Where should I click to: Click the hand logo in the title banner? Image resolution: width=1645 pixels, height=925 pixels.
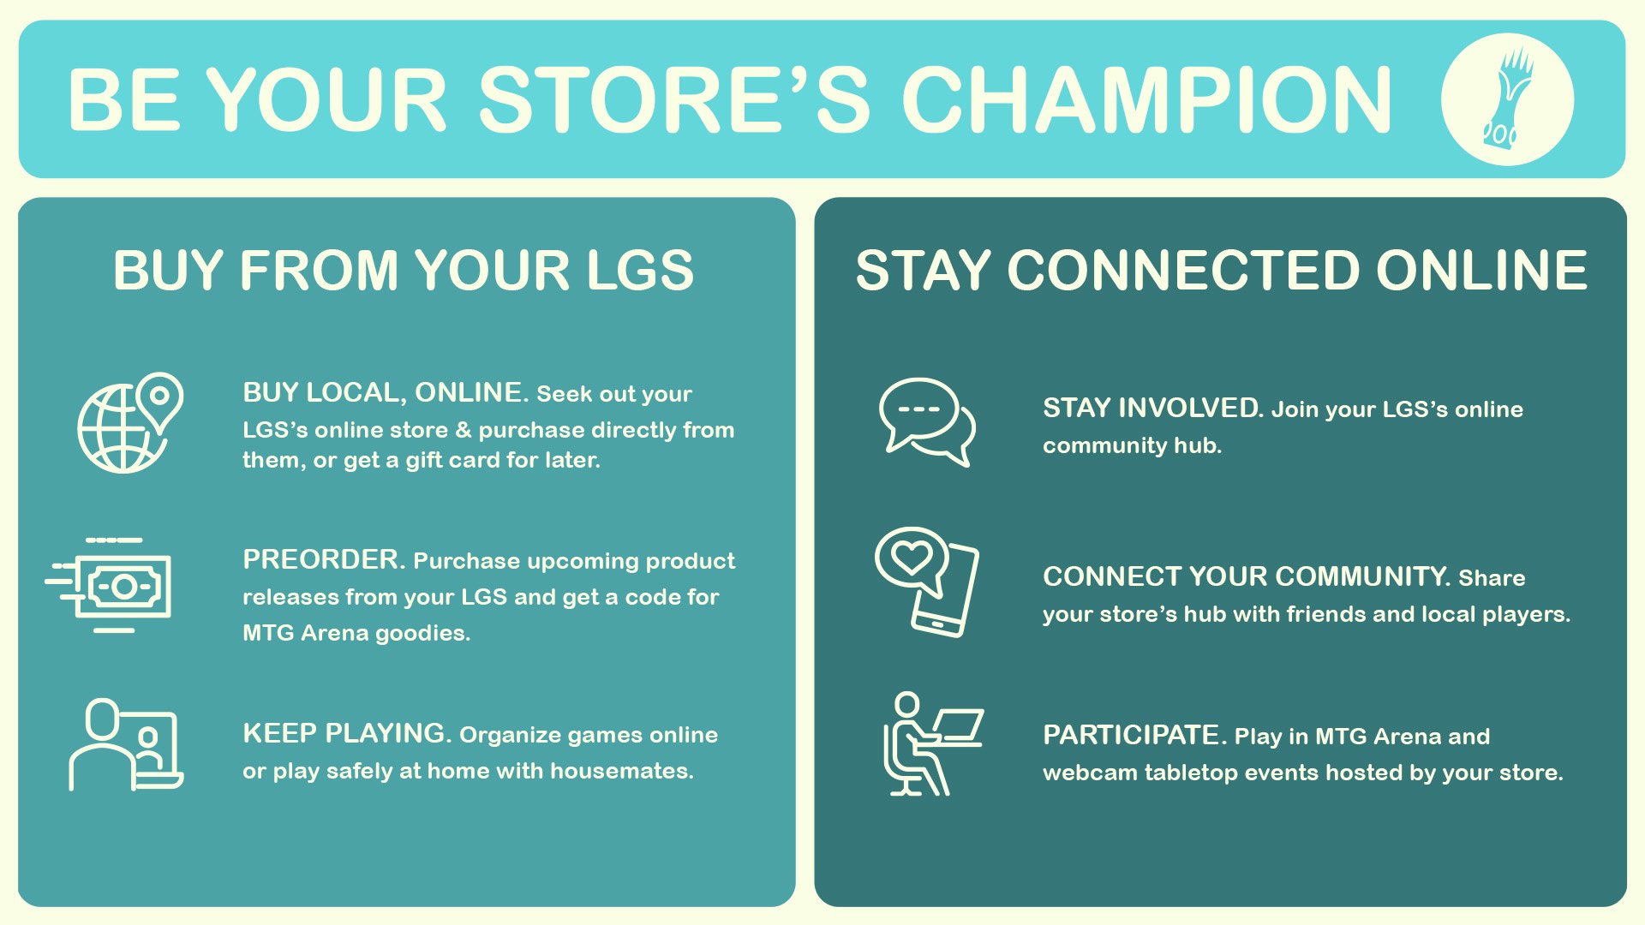coord(1507,99)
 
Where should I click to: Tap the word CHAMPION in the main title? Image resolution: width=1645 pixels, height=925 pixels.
coord(1147,100)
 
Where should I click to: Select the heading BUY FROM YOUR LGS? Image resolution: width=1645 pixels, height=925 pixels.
coord(404,271)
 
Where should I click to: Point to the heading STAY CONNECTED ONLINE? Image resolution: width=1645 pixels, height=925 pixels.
coord(1222,271)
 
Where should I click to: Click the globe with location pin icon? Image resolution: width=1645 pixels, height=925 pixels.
coord(130,422)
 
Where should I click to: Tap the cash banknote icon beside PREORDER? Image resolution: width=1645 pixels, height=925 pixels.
coord(109,585)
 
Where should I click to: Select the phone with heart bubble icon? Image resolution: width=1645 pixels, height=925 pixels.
coord(927,582)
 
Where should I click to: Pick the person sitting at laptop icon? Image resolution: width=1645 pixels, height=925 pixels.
coord(933,743)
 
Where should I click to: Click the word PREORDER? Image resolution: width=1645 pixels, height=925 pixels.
coord(324,560)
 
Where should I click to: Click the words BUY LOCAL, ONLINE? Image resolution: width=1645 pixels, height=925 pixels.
coord(386,393)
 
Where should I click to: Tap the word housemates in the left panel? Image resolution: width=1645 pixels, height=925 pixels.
coord(621,771)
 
